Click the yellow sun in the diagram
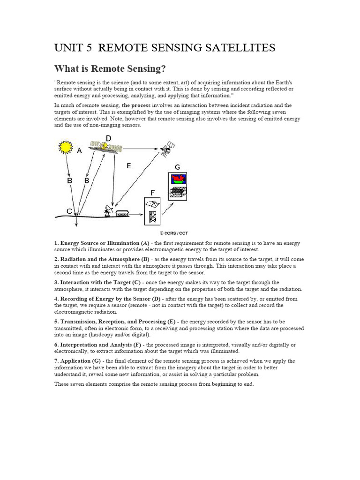click(65, 148)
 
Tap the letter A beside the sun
click(79, 150)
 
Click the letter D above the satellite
click(108, 138)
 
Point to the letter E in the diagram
click(129, 165)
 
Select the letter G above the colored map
click(177, 167)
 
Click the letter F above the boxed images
click(152, 193)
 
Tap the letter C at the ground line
click(69, 211)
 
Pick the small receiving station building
click(122, 213)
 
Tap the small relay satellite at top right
click(167, 150)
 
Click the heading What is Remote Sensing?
click(110, 69)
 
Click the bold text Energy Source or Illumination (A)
click(103, 243)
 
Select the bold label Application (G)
click(80, 361)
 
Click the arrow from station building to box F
click(137, 214)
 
